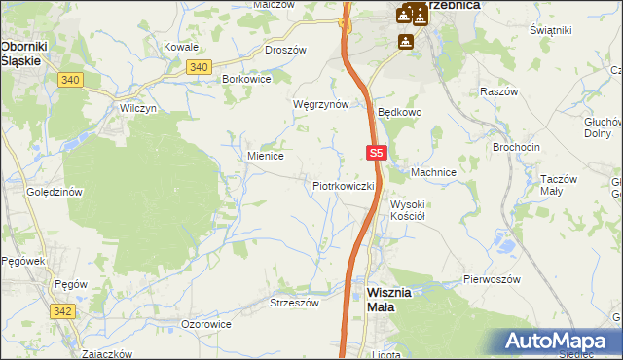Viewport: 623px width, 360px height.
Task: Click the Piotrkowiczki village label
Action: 344,185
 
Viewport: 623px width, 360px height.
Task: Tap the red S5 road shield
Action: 379,153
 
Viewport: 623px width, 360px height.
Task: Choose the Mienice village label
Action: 265,155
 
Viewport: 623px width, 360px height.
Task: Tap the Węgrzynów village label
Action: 320,104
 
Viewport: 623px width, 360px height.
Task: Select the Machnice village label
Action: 433,172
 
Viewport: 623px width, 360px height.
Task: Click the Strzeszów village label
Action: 294,303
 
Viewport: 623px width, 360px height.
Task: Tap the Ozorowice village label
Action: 206,323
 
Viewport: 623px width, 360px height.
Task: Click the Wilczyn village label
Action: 138,109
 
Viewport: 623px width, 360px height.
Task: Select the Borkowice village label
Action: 246,78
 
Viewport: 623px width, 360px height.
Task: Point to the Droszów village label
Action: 285,50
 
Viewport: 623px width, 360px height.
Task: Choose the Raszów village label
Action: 497,91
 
